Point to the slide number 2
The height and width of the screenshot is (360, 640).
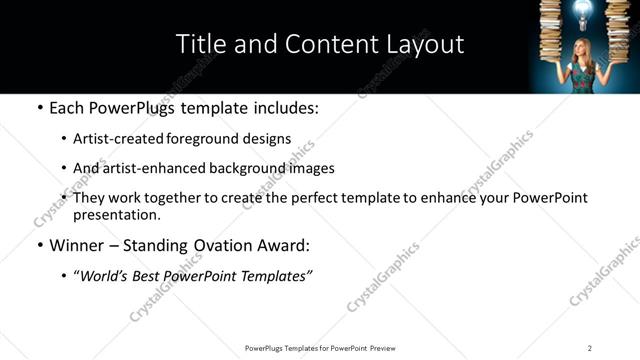point(590,347)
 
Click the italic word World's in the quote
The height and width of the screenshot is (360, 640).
point(103,276)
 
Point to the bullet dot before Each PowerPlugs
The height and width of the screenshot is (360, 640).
point(39,108)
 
